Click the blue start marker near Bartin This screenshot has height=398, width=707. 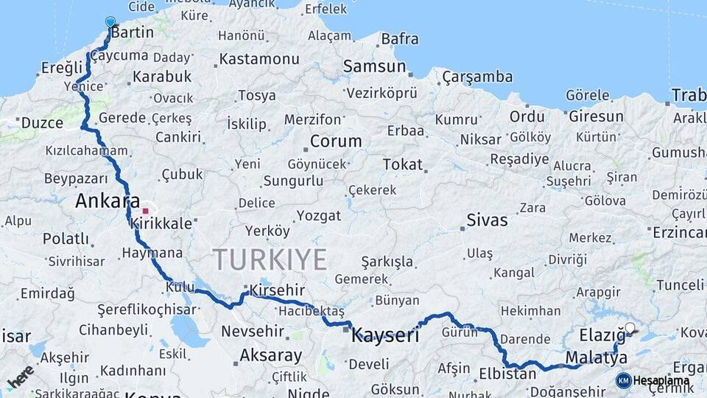pos(110,22)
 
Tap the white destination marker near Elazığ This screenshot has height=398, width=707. pos(630,328)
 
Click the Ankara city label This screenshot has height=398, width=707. pos(108,200)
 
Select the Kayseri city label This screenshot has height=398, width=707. pos(385,336)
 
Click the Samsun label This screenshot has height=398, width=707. pos(374,66)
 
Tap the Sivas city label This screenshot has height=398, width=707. pos(487,220)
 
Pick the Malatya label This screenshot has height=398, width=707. pos(597,358)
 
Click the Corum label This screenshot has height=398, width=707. pos(336,141)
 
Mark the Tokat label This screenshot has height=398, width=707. pos(402,164)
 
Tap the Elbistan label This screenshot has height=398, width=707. pos(507,374)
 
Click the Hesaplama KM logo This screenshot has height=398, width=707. pos(653,380)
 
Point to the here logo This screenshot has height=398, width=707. pos(21,376)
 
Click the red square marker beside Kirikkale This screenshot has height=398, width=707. pos(145,211)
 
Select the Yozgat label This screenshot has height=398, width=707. pos(319,216)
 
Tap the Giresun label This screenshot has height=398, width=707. pos(596,116)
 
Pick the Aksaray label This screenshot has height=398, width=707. pos(270,356)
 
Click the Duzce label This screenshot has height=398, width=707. pos(42,123)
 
